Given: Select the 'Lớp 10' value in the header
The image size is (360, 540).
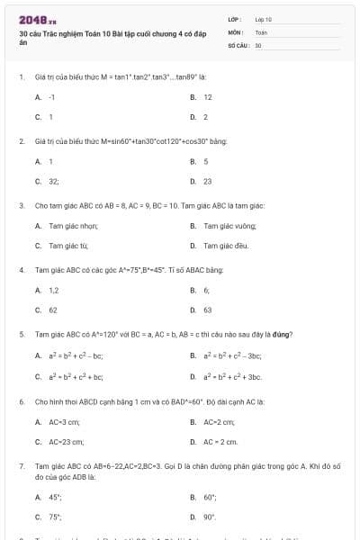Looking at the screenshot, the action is pos(263,19).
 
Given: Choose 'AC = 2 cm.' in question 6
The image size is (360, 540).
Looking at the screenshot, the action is pos(220,441).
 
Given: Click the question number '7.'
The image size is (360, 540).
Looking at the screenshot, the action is pos(21,466).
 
